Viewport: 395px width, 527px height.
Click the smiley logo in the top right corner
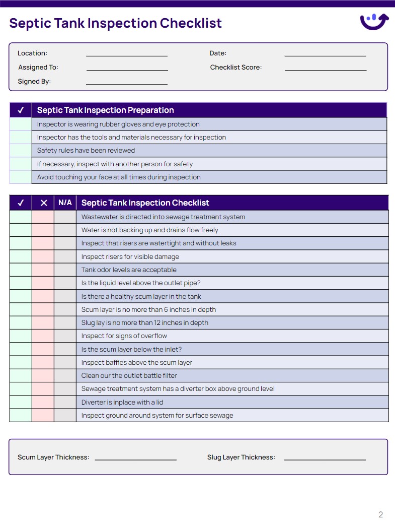374,22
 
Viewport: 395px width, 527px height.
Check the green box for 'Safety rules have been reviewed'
21,151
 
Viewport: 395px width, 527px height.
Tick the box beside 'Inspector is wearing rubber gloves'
21,124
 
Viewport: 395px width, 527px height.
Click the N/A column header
65,203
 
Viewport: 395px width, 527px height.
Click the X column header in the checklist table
43,203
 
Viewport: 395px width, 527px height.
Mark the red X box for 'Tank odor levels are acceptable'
43,270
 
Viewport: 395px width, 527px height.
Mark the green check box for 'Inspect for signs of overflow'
21,336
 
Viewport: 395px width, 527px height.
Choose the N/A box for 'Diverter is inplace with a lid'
65,402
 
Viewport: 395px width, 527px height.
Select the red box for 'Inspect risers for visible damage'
43,257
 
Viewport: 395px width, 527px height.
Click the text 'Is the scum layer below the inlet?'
131,349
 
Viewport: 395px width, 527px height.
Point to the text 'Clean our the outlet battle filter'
129,375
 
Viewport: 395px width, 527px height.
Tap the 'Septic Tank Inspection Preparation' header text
105,110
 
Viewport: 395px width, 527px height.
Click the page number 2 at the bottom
380,514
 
